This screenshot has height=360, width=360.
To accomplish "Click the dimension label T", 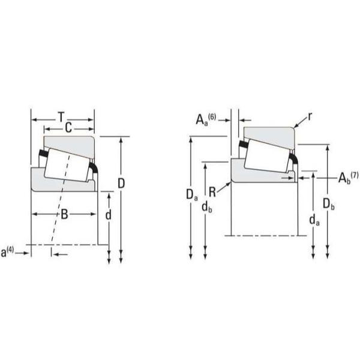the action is tap(61, 117).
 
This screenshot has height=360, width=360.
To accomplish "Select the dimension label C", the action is tap(68, 128).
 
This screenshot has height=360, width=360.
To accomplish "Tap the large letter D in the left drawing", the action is tap(121, 183).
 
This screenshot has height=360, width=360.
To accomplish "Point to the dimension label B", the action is tap(64, 214).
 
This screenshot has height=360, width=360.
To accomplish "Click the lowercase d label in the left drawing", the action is tap(108, 215).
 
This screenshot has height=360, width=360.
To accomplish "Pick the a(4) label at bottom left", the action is tap(7, 251).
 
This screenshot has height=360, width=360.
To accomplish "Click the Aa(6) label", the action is tap(206, 119).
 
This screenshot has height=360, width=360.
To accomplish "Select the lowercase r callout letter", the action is tap(310, 117).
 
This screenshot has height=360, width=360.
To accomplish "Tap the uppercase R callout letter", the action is tap(212, 192).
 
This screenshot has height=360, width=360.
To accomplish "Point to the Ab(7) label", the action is tap(348, 178).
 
